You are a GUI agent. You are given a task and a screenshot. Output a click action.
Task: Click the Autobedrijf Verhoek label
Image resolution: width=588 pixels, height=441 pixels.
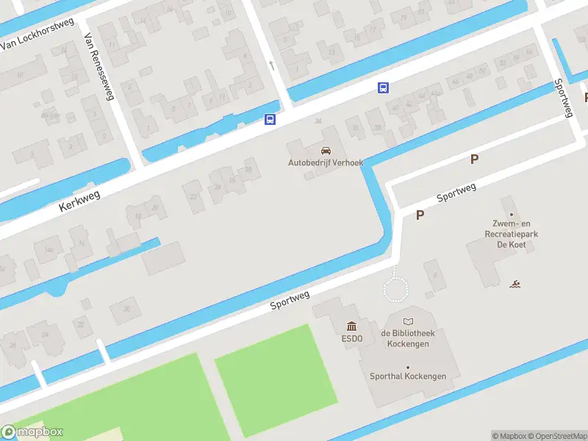[x=320, y=162]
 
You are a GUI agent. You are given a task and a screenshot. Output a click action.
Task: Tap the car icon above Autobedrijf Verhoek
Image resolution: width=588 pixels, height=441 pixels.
[x=320, y=151]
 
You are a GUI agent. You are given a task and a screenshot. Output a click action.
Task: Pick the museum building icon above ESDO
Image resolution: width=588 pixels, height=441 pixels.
[x=351, y=327]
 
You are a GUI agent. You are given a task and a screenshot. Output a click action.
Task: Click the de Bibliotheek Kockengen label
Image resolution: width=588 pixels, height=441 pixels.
[x=408, y=338]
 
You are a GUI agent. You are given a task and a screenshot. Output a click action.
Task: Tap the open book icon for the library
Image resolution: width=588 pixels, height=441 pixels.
[x=408, y=321]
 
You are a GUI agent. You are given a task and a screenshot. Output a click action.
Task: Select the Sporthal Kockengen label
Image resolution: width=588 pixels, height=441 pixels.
[x=408, y=376]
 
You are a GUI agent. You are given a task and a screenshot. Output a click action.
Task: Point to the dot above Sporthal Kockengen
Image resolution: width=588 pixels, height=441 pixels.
[x=408, y=367]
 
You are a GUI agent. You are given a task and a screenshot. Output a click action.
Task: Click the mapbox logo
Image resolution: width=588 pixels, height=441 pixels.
[x=32, y=432]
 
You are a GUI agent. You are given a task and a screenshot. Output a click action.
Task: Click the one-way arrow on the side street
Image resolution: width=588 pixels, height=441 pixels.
[x=272, y=65]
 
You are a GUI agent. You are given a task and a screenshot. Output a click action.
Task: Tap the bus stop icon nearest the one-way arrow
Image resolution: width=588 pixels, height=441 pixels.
[x=270, y=119]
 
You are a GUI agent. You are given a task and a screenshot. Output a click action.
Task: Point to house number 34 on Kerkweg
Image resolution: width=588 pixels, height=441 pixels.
[x=318, y=121]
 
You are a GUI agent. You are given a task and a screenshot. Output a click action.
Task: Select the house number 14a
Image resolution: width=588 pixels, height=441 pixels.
[x=49, y=250]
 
